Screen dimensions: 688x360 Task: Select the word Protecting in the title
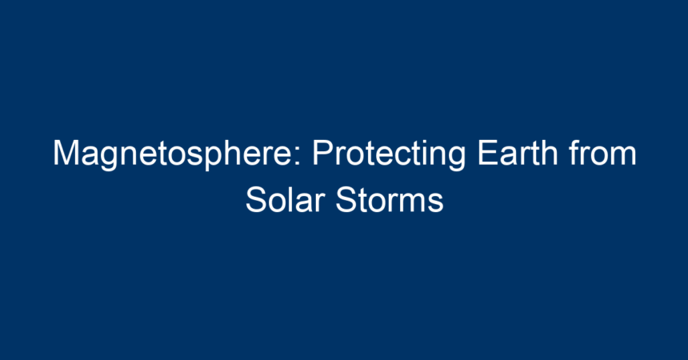pos(389,154)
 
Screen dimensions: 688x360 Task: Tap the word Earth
pos(518,152)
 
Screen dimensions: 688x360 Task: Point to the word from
pos(603,152)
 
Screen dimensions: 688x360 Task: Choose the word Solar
pos(286,200)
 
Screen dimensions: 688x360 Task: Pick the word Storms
pos(390,200)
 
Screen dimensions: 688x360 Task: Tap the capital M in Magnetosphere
pos(66,153)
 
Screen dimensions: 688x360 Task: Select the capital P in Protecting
pos(322,153)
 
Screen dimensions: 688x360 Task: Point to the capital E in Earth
pos(488,153)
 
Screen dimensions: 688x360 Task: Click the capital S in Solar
pos(257,200)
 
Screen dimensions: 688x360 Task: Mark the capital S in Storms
pos(347,200)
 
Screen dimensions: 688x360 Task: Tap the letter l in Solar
pos(295,200)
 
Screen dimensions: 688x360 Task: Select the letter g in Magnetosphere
pos(110,159)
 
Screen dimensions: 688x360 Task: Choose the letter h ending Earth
pos(550,153)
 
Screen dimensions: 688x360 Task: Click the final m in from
pos(623,156)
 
